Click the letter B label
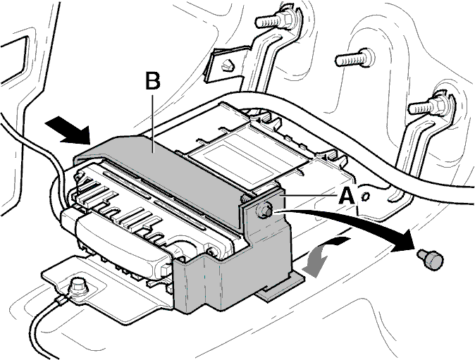click(x=153, y=80)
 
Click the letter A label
click(x=346, y=196)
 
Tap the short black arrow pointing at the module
click(x=68, y=131)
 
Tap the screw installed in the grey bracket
click(x=264, y=209)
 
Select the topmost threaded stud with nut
click(x=274, y=20)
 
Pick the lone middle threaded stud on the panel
click(x=355, y=58)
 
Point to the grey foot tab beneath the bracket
click(x=280, y=287)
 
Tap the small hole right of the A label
click(x=365, y=197)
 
